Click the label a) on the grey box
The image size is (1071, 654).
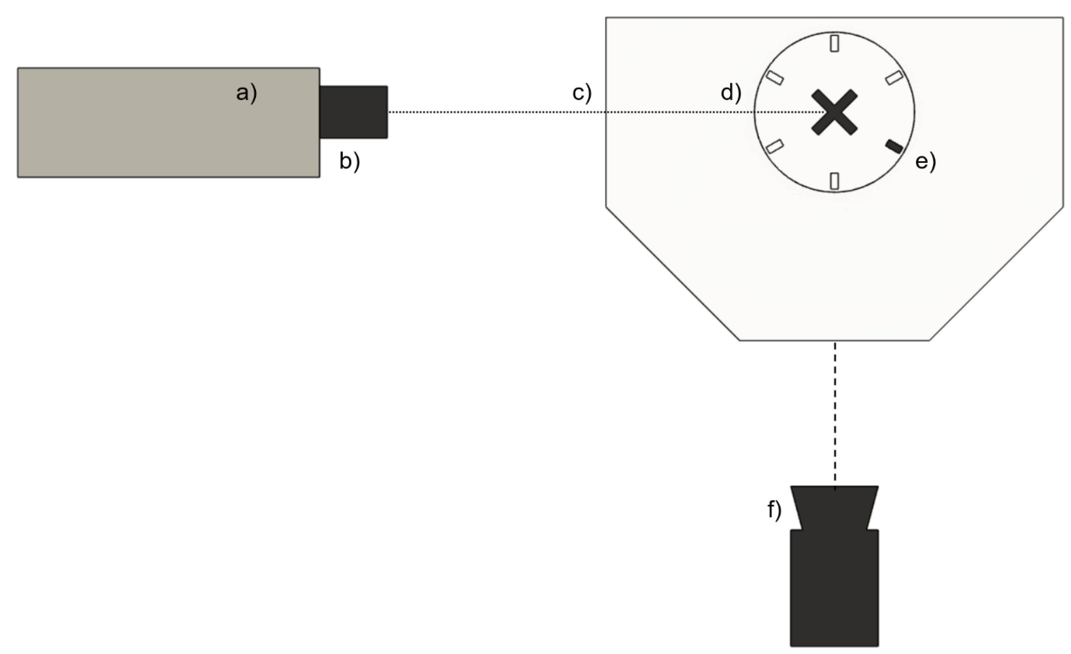[246, 93]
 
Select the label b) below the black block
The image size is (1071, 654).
[350, 161]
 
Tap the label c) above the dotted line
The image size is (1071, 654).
[582, 93]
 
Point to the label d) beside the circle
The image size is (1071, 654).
[731, 93]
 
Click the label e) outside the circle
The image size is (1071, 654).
[925, 161]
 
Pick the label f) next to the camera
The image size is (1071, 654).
[774, 510]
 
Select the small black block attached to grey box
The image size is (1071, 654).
[353, 112]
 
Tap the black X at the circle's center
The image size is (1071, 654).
[834, 112]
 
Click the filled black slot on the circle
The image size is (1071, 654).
[894, 146]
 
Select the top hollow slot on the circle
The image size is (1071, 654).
[834, 43]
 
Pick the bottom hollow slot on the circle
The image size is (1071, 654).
[834, 181]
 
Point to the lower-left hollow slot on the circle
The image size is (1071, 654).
[774, 146]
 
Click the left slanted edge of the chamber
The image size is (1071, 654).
[673, 274]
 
